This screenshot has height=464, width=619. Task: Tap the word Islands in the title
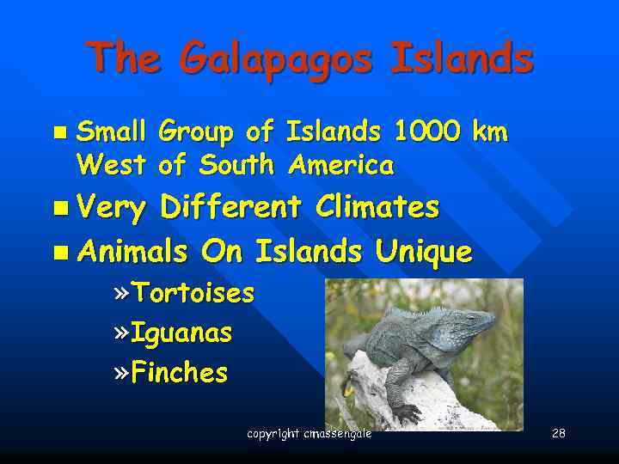point(461,58)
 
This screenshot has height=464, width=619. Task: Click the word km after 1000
point(491,132)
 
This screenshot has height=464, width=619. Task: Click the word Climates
point(377,207)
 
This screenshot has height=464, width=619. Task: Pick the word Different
point(230,207)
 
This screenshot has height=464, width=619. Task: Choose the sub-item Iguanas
point(181,333)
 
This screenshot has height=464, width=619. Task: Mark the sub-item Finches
point(179,373)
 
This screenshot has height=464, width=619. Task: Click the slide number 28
point(559,433)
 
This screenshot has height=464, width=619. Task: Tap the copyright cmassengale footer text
point(309,434)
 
